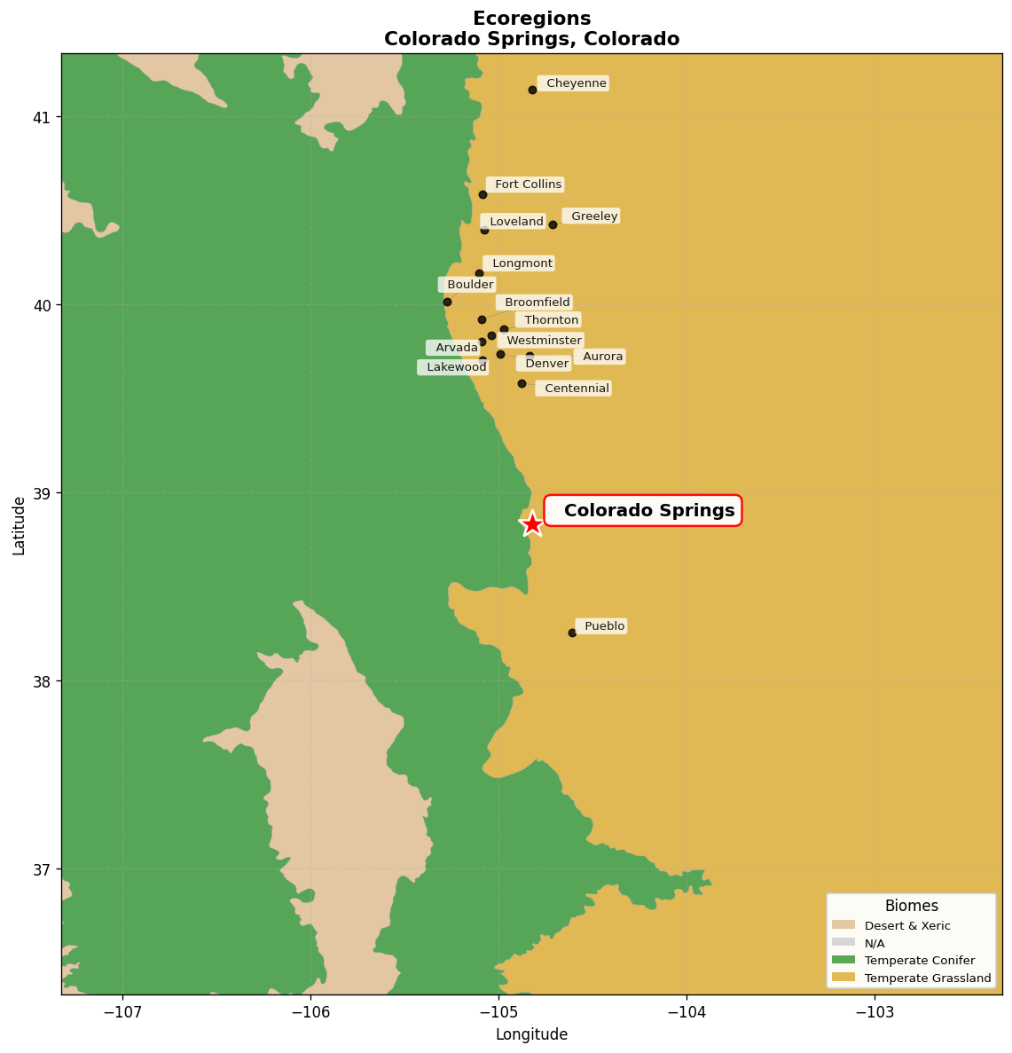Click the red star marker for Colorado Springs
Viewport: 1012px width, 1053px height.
tap(531, 524)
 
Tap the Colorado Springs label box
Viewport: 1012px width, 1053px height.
tap(643, 511)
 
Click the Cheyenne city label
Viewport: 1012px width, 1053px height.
tap(575, 83)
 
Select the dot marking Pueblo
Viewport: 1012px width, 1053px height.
tap(572, 633)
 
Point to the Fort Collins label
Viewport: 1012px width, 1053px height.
tap(527, 185)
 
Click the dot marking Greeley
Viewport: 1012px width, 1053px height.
tap(553, 224)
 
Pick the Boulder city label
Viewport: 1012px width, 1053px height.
tap(468, 285)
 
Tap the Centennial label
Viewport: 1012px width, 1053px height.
tap(575, 389)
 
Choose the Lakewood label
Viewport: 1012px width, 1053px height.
tap(454, 367)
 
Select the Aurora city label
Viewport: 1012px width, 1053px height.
tap(601, 357)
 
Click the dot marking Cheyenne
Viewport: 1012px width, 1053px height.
tap(532, 90)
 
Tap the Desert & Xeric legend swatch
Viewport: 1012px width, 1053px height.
tap(843, 925)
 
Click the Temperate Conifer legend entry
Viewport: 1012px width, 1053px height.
tap(919, 961)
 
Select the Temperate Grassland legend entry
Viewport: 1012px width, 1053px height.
tap(927, 978)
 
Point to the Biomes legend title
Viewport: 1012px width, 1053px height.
tap(911, 906)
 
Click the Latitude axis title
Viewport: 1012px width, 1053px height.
tap(19, 525)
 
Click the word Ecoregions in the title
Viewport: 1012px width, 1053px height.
tap(531, 19)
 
